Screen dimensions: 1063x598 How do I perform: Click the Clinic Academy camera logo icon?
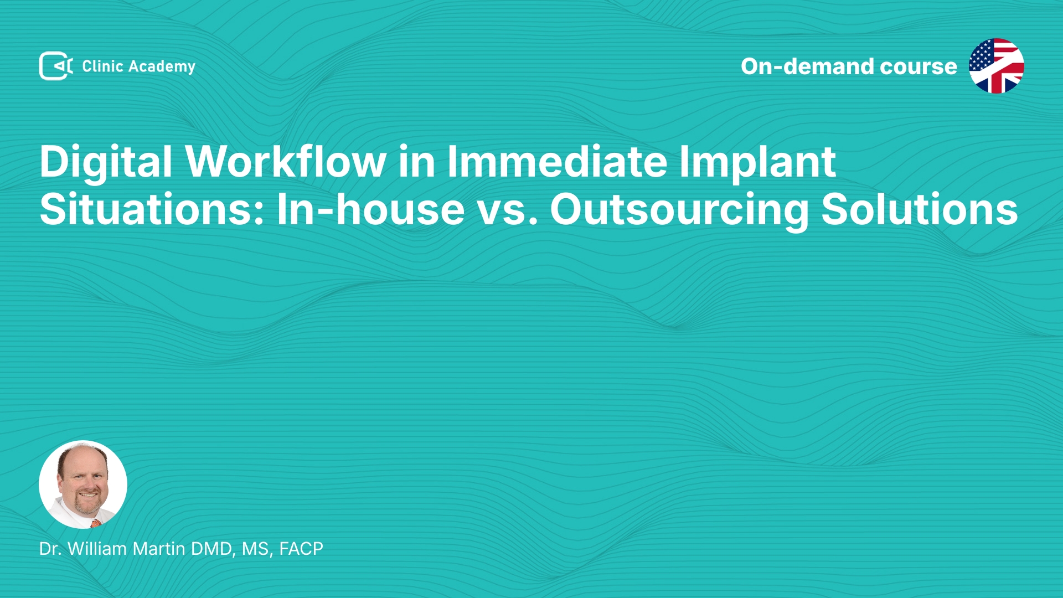pos(56,66)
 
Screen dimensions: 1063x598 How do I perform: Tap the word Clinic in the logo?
pos(102,66)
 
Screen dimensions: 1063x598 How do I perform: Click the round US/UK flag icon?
pos(997,66)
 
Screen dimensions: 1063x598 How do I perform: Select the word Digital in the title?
pos(106,162)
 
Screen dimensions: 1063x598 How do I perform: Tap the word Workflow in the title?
pos(286,161)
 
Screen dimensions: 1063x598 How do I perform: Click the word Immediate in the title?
pos(557,161)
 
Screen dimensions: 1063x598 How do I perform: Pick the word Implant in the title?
pos(757,162)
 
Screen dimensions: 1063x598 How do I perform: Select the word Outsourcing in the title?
pos(679,210)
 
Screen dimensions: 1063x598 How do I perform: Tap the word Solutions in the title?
pos(920,209)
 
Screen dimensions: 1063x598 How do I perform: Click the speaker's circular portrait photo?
pos(83,484)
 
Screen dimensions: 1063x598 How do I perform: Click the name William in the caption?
pos(97,548)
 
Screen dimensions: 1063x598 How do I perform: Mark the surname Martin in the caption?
pos(159,548)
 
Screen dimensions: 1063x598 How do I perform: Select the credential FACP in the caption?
pos(301,548)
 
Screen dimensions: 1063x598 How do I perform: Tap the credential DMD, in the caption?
pos(214,549)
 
